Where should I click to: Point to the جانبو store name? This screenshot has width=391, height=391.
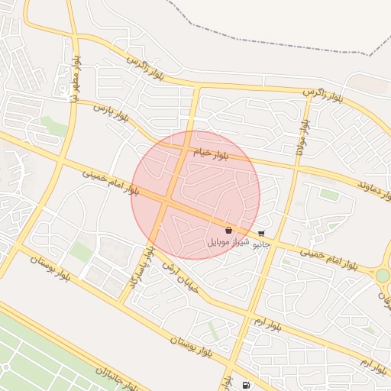pyautogui.click(x=262, y=244)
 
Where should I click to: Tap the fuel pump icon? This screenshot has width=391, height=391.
pyautogui.click(x=245, y=385)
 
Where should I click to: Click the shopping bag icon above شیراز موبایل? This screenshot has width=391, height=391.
pyautogui.click(x=229, y=230)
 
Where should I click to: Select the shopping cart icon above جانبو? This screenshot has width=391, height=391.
pyautogui.click(x=262, y=234)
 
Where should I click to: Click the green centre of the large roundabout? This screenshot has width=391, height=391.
pyautogui.click(x=383, y=275)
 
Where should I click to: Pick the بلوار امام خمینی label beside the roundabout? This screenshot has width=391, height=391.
pyautogui.click(x=328, y=257)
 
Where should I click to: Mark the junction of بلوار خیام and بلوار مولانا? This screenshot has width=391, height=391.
pyautogui.click(x=296, y=167)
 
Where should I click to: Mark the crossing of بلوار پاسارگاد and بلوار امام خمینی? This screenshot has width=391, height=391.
pyautogui.click(x=165, y=200)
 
